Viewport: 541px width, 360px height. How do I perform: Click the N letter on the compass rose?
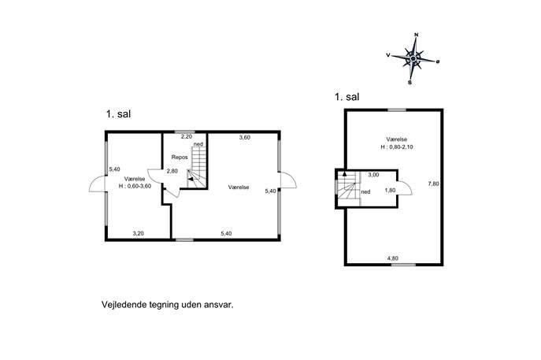coord(416,35)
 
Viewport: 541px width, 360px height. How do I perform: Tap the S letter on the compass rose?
coord(410,83)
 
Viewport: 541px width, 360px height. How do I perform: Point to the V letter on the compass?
coord(388,55)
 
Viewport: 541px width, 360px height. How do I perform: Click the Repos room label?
coord(180,157)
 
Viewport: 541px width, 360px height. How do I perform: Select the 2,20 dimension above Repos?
coord(187,136)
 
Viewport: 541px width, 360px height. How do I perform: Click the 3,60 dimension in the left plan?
coord(245,137)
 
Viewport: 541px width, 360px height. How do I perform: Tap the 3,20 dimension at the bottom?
coord(138,233)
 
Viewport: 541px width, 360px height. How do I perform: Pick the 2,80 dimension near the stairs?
coord(172,171)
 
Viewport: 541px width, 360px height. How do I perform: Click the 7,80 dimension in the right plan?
coord(433,184)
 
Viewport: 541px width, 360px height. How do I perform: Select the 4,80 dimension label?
coord(393,258)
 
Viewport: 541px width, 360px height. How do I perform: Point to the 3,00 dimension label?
coord(373,175)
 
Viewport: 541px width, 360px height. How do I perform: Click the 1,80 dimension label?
coord(390,190)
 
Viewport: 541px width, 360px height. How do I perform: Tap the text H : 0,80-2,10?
coord(397,147)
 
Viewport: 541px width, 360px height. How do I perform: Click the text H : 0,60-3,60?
coord(135,186)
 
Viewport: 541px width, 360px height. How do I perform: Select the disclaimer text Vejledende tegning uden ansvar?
coord(167,305)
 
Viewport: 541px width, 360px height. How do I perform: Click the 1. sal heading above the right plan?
coord(346,97)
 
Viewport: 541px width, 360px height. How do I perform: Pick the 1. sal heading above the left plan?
coord(118,114)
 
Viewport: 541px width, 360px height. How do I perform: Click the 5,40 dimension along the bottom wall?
coord(226,233)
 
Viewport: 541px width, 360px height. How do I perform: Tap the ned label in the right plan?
coord(365,191)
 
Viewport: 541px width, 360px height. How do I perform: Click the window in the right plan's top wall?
coord(397,109)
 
